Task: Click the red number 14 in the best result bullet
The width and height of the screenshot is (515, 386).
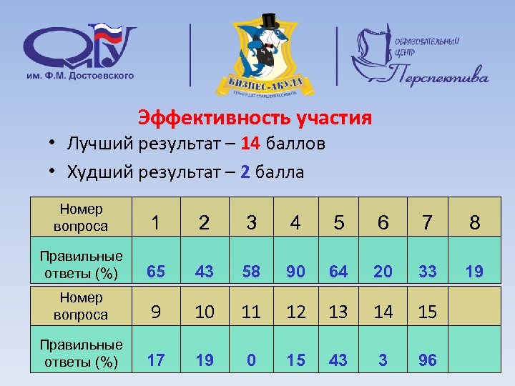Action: [x=250, y=144]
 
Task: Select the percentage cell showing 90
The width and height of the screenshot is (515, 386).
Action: [x=295, y=272]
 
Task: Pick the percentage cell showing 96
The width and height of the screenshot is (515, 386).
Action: [x=427, y=361]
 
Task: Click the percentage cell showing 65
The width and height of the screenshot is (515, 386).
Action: [x=156, y=272]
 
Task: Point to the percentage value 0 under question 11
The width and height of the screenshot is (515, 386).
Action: [x=251, y=361]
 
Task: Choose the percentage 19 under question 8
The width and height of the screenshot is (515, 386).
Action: [x=474, y=272]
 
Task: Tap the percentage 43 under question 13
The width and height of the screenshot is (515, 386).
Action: [x=338, y=361]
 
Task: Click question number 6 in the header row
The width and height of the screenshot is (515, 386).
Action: [x=383, y=223]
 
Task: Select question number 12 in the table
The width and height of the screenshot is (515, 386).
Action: [x=295, y=312]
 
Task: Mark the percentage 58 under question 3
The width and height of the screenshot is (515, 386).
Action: [x=251, y=272]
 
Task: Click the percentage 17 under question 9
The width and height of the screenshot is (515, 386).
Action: [x=156, y=361]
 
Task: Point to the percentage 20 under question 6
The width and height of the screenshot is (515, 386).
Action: [x=383, y=272]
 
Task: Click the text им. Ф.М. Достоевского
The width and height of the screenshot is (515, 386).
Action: [x=79, y=75]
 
